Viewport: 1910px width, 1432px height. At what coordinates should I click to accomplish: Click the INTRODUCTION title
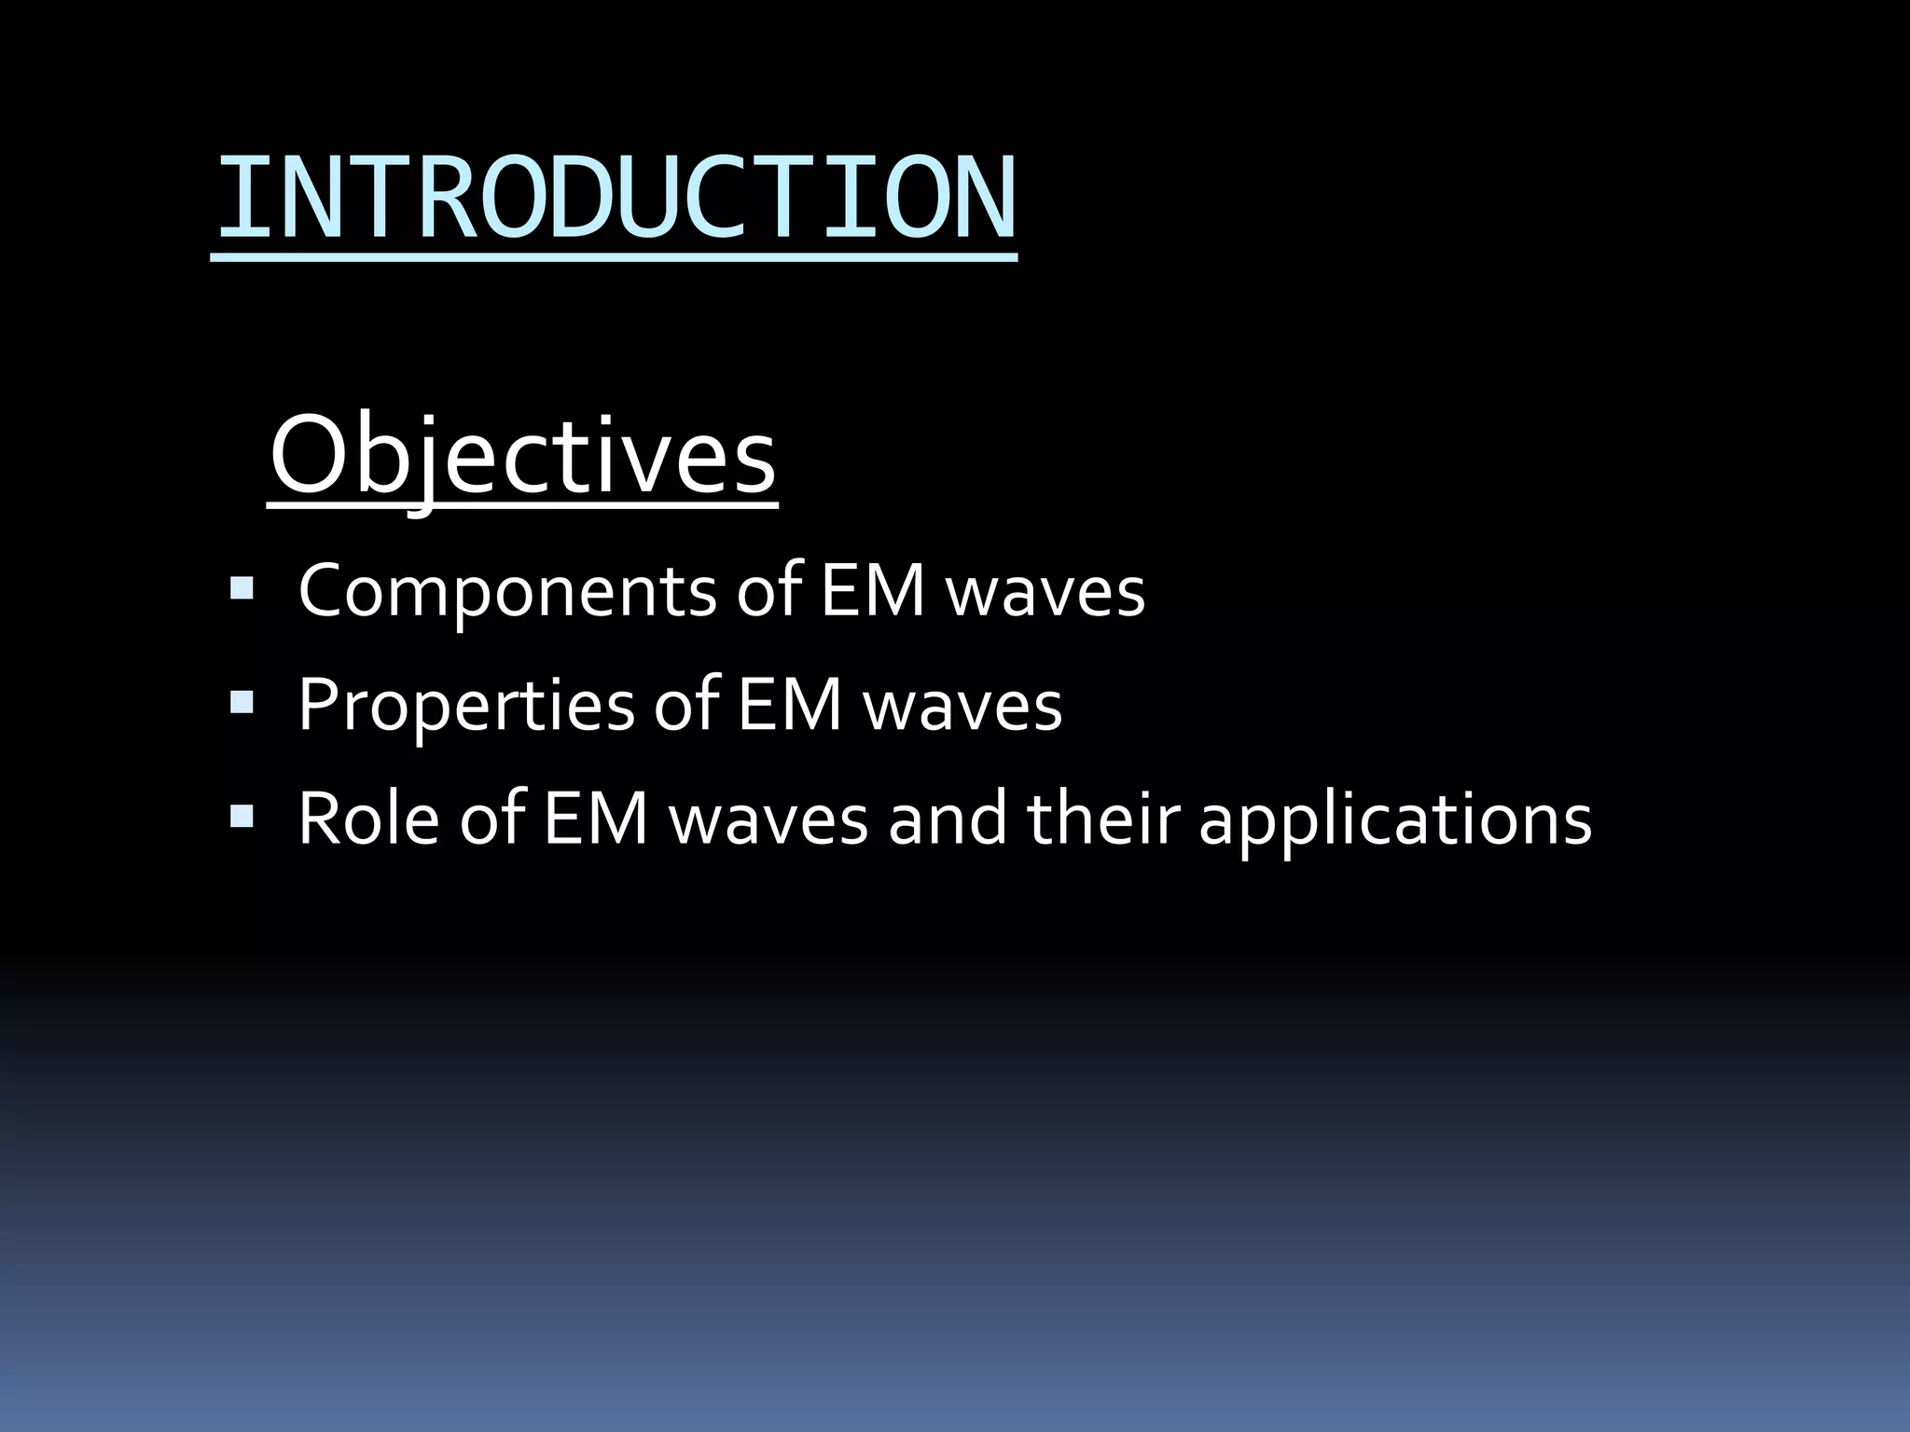(616, 199)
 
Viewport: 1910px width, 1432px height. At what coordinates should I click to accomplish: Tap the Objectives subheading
(522, 457)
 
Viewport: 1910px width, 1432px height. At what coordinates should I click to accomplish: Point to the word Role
(368, 819)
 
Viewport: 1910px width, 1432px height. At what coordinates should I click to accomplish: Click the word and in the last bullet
(947, 819)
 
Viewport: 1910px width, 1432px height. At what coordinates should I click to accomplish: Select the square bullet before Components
(242, 588)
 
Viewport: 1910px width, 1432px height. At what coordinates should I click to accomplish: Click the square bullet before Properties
(242, 702)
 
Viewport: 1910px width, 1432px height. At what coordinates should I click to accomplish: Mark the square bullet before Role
(242, 817)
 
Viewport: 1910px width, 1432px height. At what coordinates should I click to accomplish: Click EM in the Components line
(872, 591)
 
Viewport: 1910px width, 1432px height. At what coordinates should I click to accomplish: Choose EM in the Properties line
(789, 705)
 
